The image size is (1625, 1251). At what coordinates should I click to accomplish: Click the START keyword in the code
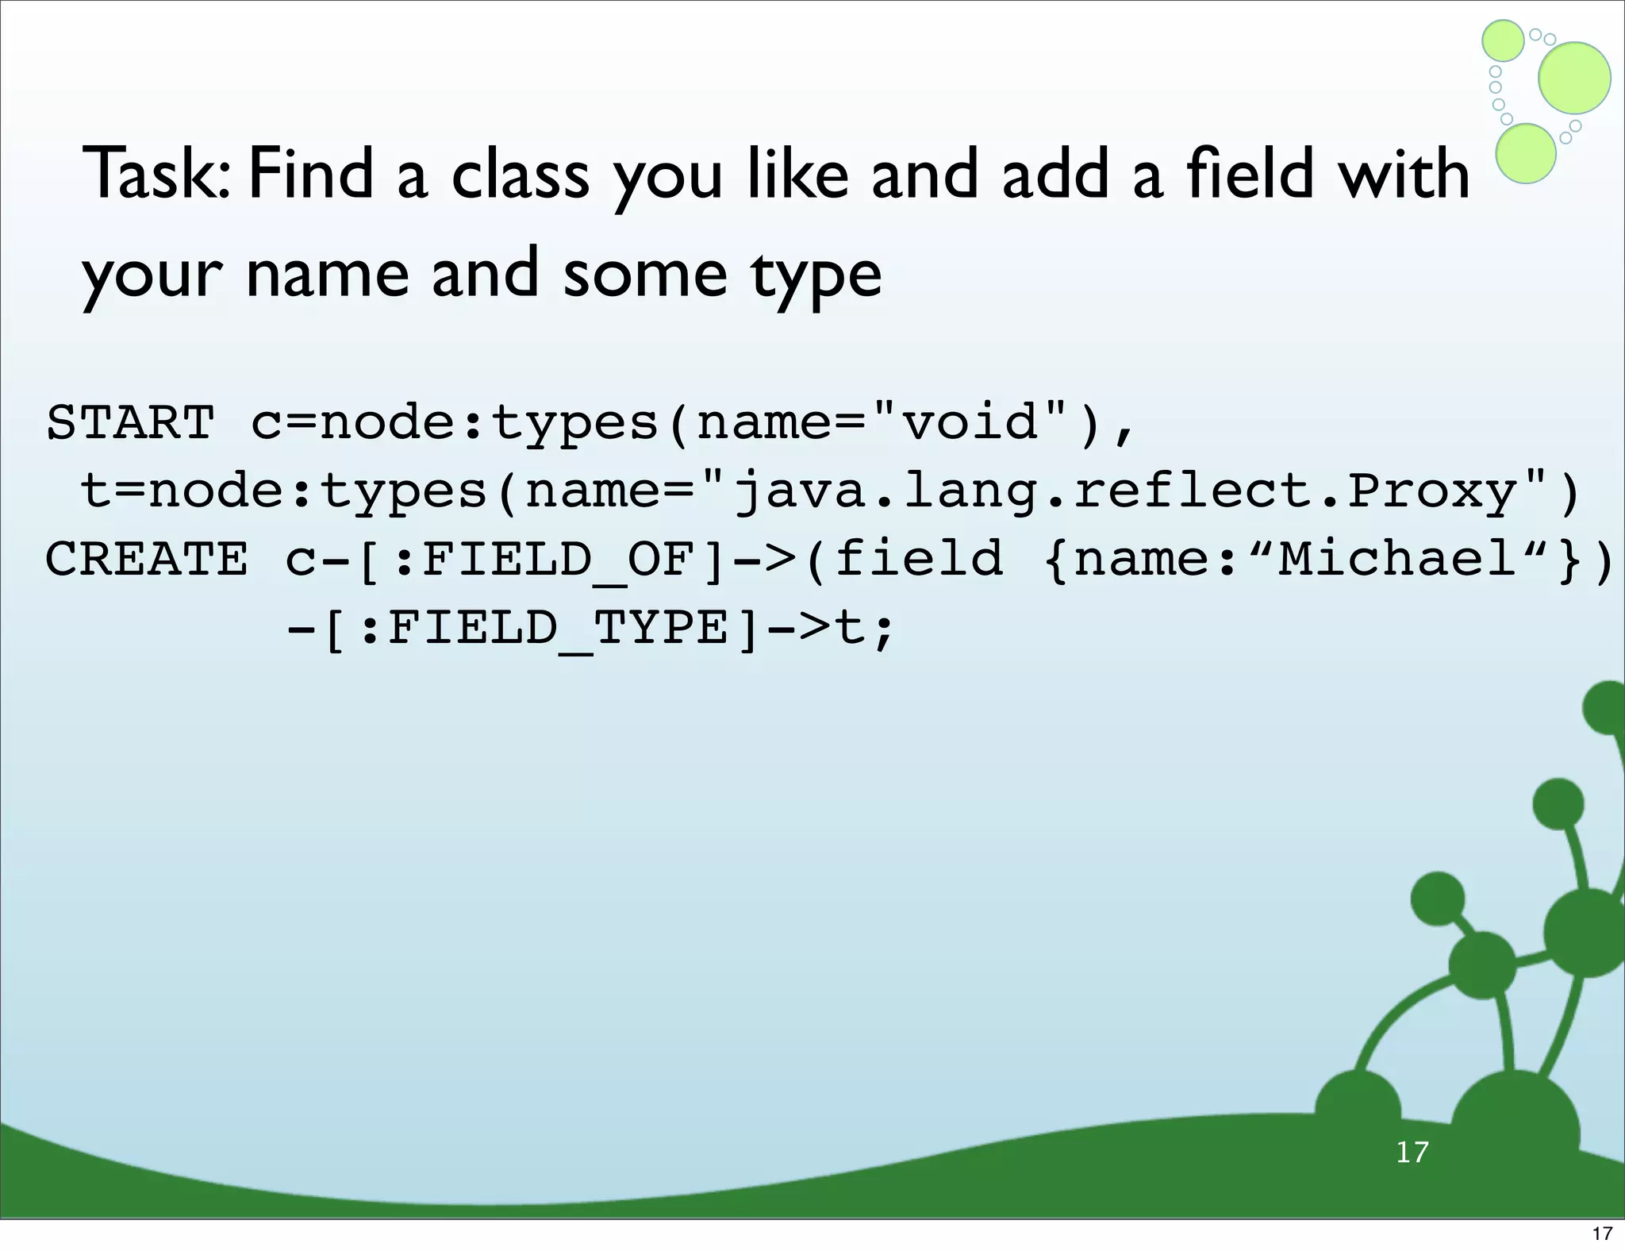131,422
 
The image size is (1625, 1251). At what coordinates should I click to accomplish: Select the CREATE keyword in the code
147,559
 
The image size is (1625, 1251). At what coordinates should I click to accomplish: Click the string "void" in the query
972,422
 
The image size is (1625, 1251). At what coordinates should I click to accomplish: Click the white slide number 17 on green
1412,1152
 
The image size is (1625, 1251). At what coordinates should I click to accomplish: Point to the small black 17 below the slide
1602,1234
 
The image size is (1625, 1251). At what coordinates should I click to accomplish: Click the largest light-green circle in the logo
1574,78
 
